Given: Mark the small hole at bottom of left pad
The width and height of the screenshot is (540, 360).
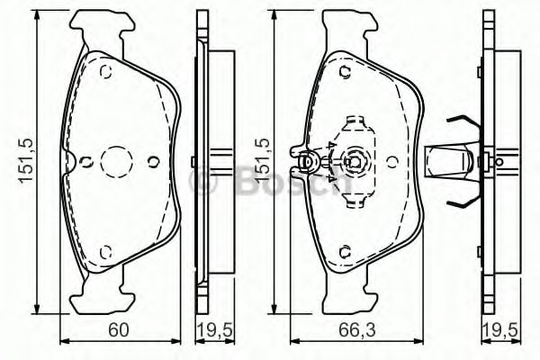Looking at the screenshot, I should (105, 251).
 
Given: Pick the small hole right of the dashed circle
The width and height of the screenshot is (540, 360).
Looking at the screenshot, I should (153, 163).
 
